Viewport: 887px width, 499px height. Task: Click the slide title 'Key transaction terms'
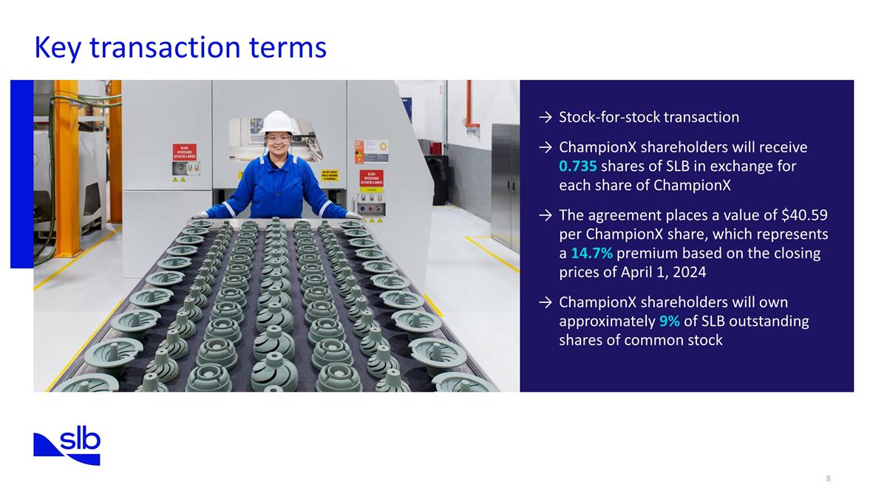pos(180,47)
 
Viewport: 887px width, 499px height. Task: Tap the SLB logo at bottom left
pos(67,445)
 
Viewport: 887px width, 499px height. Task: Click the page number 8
pos(829,478)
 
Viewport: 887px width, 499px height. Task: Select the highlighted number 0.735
pos(578,166)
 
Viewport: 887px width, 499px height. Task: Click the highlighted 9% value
pos(669,322)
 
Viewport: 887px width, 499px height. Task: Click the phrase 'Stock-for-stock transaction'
pos(649,118)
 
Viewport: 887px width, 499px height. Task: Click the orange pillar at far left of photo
pos(65,155)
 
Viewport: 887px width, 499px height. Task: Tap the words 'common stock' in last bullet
pos(681,340)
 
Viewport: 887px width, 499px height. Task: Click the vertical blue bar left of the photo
pos(21,174)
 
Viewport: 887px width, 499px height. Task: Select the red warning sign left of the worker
pos(185,152)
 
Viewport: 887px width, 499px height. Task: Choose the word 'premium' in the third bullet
pos(642,254)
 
